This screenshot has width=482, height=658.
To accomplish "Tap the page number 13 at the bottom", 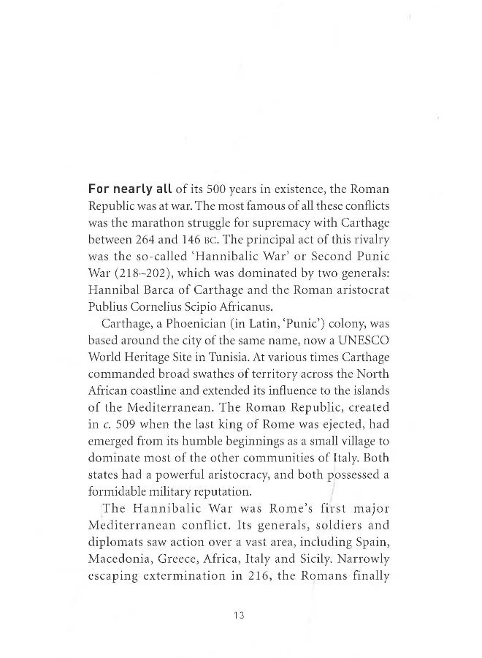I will point(238,616).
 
